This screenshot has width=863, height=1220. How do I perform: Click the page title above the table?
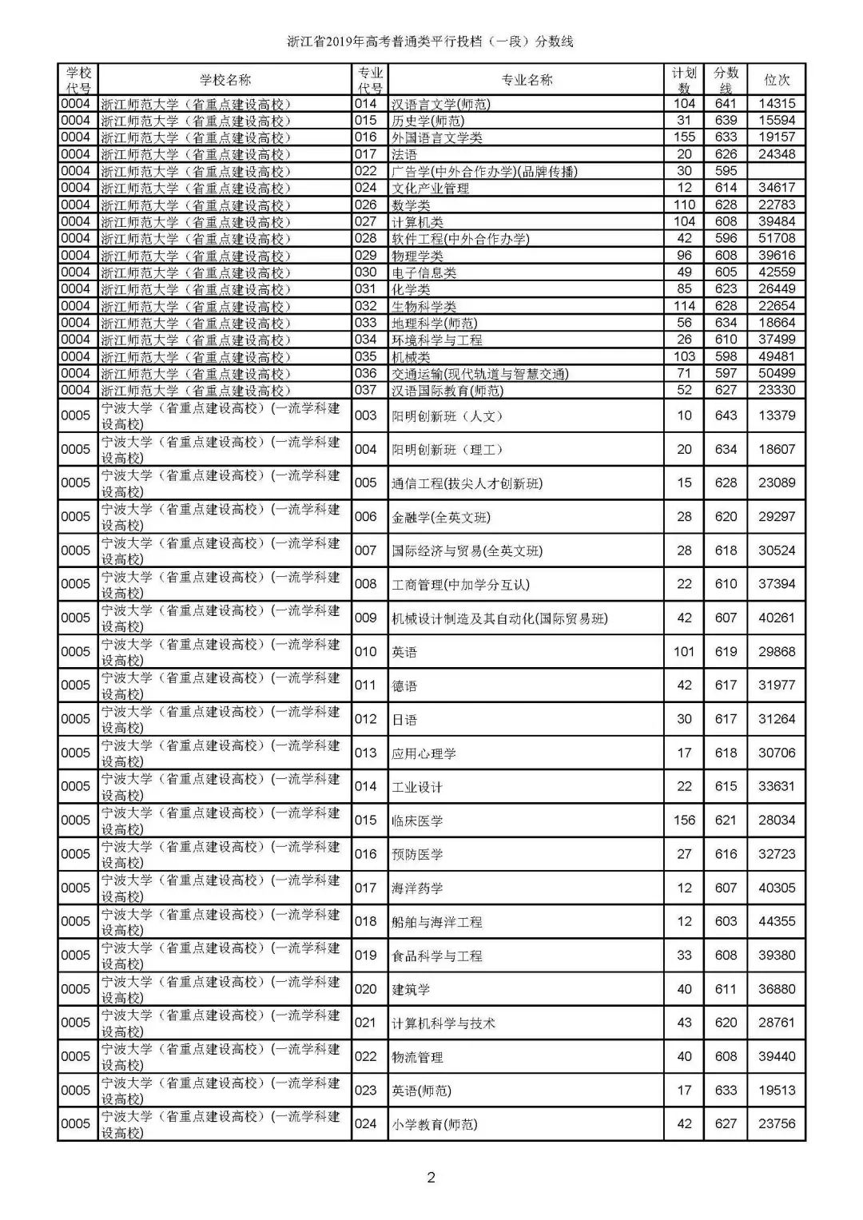point(431,42)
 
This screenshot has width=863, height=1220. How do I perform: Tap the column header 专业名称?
point(526,80)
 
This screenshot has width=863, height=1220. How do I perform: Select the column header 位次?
point(777,80)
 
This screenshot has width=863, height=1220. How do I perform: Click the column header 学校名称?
point(225,80)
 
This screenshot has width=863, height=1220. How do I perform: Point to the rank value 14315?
point(777,104)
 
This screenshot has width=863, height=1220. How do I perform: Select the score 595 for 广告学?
point(726,171)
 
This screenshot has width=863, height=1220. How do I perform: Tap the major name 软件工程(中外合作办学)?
point(460,239)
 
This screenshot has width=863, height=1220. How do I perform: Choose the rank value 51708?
point(777,238)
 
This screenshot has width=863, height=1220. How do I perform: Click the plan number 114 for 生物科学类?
point(684,306)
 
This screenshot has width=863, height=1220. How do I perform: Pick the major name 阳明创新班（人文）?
point(447,416)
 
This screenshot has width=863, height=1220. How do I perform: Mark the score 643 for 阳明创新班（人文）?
point(726,415)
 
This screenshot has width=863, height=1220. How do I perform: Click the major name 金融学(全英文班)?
point(440,517)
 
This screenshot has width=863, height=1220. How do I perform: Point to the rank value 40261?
point(777,618)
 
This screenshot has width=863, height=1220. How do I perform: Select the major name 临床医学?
point(417,821)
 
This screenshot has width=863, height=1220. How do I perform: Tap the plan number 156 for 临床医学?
point(684,820)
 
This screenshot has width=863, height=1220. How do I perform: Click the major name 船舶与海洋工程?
point(437,922)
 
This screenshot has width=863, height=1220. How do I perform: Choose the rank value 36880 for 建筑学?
point(777,989)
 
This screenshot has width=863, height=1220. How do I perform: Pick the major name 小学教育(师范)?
point(434,1124)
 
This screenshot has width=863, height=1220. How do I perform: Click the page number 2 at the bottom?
point(431,1177)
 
